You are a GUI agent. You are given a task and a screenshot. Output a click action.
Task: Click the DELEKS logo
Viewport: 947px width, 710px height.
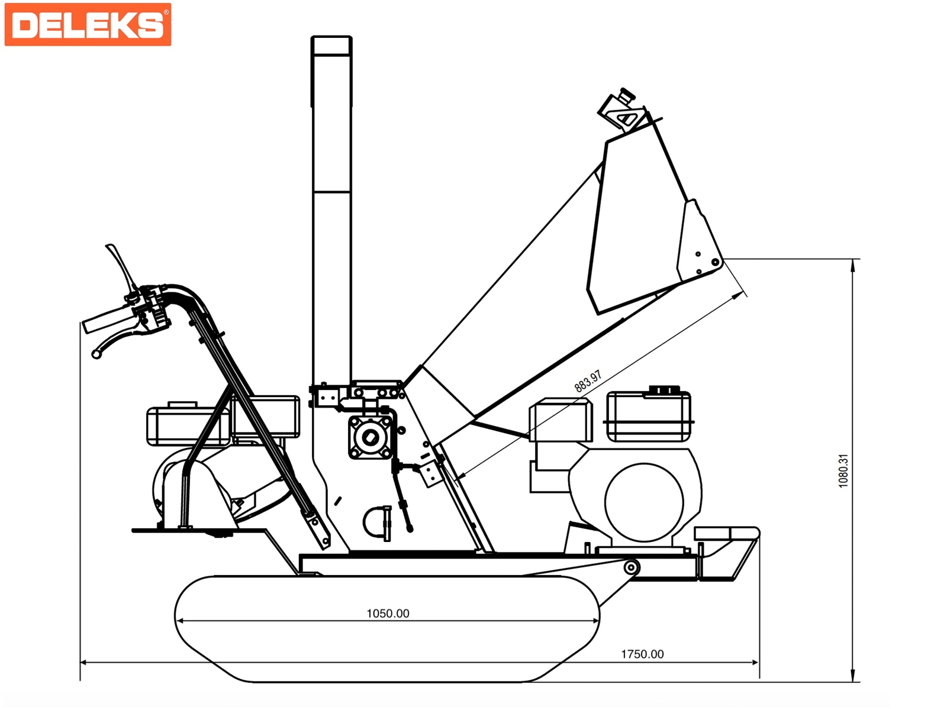[x=88, y=25]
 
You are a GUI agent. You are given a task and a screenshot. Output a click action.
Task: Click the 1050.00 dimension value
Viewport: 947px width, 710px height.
[x=388, y=614]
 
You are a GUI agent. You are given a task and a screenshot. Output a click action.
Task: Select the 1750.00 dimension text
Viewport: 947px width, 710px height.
[x=642, y=654]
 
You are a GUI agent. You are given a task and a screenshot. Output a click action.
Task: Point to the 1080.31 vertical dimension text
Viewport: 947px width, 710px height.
[x=843, y=471]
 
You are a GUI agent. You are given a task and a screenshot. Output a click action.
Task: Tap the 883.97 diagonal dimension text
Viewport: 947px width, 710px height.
[x=588, y=381]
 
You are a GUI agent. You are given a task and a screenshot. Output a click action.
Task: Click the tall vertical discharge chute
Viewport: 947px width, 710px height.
[x=331, y=211]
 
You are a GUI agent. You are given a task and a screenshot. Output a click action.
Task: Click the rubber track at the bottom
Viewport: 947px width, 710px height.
[x=387, y=629]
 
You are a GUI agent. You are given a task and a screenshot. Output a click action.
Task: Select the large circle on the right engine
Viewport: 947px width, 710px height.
[x=644, y=502]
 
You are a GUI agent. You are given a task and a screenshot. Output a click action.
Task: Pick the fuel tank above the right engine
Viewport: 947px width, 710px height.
[x=649, y=415]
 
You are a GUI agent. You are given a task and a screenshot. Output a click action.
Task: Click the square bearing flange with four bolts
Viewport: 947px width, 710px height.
[x=371, y=438]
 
